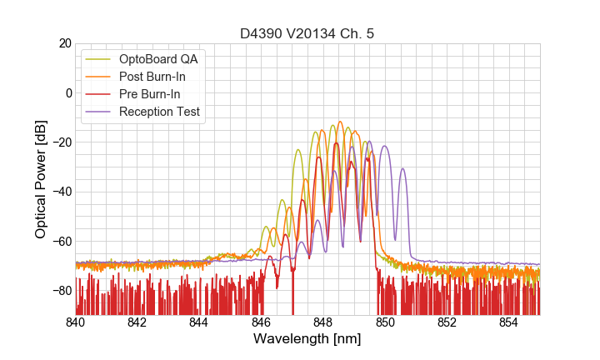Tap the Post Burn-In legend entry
tap(152, 77)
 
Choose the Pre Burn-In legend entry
tap(150, 94)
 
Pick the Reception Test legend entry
tap(159, 112)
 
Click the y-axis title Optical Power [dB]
tap(41, 178)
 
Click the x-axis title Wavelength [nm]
tap(307, 339)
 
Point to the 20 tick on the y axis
tap(63, 43)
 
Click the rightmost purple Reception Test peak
tap(402, 169)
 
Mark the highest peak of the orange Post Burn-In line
tap(340, 122)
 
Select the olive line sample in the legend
tap(99, 60)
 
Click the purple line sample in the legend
tap(99, 112)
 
